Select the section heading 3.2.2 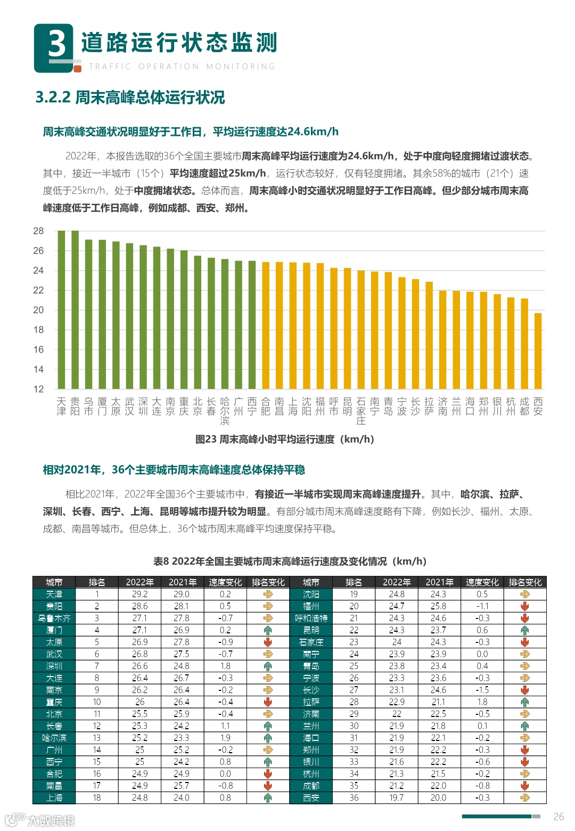click(x=130, y=97)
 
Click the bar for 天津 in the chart click(x=61, y=309)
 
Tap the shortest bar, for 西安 click(x=538, y=351)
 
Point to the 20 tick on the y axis click(x=38, y=310)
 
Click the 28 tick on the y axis click(x=38, y=231)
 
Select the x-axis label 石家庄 click(x=361, y=411)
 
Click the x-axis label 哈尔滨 click(x=225, y=411)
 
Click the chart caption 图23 click(x=285, y=439)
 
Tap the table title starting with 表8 click(x=290, y=561)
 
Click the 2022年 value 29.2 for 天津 click(x=139, y=594)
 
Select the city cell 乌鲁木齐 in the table click(x=54, y=618)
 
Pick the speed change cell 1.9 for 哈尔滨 click(x=225, y=738)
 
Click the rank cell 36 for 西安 click(x=354, y=798)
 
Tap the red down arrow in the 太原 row click(x=268, y=642)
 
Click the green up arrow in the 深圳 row click(x=268, y=666)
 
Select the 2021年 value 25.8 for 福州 click(x=438, y=606)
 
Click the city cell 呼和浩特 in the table click(x=311, y=618)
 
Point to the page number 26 click(x=558, y=817)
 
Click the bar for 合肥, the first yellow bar click(x=266, y=325)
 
